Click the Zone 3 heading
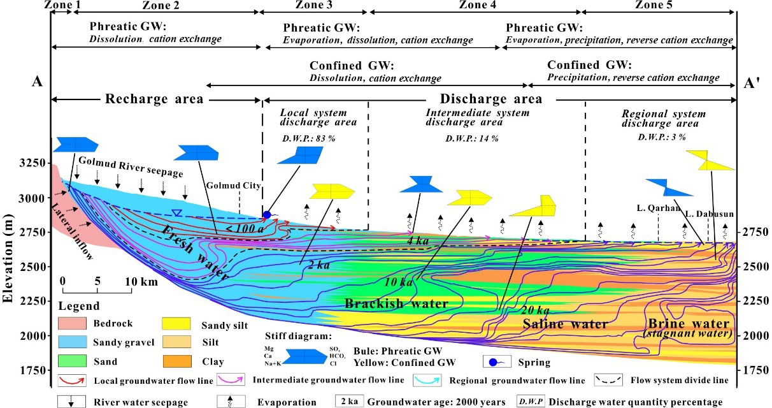[x=314, y=5]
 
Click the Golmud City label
[x=234, y=186]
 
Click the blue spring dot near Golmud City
[x=267, y=215]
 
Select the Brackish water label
[x=396, y=303]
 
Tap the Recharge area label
[x=154, y=99]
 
